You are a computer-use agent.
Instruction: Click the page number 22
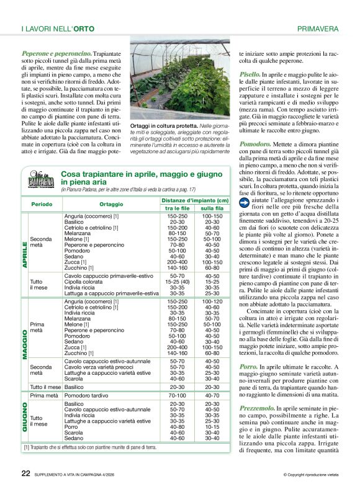tap(25, 473)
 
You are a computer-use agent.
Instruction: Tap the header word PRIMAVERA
tap(318, 29)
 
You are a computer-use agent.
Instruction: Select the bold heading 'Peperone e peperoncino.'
tap(56, 53)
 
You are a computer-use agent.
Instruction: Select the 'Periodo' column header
tap(42, 204)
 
